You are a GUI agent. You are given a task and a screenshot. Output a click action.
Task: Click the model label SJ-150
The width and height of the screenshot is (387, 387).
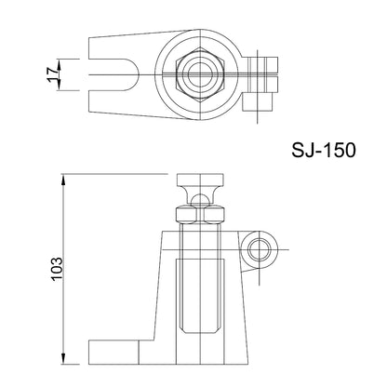324,151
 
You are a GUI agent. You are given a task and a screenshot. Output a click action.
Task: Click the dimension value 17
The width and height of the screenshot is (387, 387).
53,74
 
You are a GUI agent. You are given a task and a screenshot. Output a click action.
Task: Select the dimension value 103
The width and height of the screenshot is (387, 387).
57,269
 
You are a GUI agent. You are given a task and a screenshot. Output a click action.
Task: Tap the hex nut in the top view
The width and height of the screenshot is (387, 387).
200,74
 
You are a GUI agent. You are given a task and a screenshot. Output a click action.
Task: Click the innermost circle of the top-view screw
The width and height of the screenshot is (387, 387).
200,74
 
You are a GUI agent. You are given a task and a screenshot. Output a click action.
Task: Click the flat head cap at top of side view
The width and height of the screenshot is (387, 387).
200,180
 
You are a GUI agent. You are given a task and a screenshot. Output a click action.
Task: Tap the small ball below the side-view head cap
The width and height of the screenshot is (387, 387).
200,200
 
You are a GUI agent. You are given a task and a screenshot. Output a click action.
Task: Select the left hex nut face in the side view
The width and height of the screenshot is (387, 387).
186,215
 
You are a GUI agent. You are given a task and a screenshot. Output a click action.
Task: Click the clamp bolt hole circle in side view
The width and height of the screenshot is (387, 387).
259,249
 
